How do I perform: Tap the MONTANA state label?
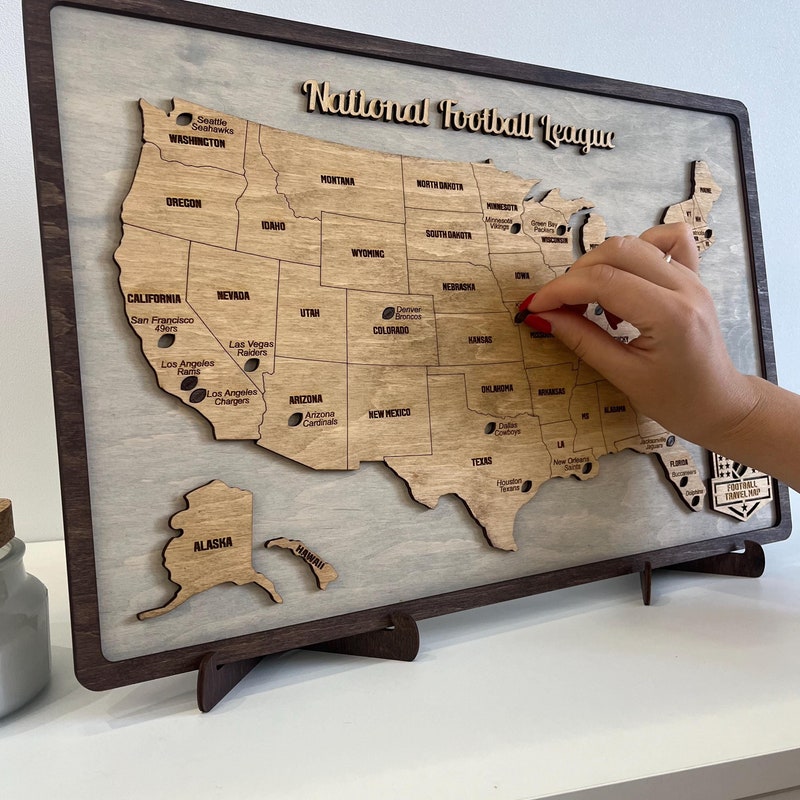(x=337, y=180)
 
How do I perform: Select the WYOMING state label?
(x=367, y=253)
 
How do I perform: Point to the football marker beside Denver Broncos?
(x=388, y=313)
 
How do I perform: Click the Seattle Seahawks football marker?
(x=184, y=119)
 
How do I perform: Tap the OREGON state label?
(x=183, y=202)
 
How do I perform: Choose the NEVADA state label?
(x=233, y=295)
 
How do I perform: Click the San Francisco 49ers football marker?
(x=166, y=340)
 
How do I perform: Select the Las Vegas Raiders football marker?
(x=251, y=365)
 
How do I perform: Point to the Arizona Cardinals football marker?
(x=295, y=419)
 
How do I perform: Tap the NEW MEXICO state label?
(x=389, y=413)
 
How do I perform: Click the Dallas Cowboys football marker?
(x=490, y=428)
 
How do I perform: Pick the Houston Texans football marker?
(x=526, y=486)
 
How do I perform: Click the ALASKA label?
(x=212, y=544)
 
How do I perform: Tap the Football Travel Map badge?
(x=740, y=488)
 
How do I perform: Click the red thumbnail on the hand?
(x=538, y=323)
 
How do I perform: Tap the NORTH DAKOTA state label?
(x=440, y=185)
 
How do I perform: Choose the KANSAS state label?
(x=480, y=340)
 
